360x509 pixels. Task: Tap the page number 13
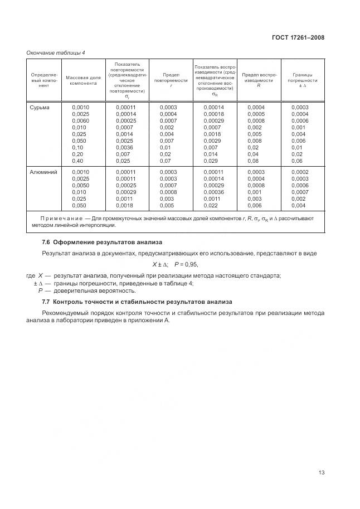pos(321,472)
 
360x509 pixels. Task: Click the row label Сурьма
pos(40,107)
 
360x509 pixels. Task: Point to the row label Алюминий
pos(43,172)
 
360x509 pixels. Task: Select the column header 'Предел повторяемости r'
pos(171,80)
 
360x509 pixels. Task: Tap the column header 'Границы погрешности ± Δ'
pos(303,80)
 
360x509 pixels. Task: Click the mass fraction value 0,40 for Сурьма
pos(78,161)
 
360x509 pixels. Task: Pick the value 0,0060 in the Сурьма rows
pos(81,120)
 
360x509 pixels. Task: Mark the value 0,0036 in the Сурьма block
pos(125,147)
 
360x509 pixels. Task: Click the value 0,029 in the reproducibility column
pos(211,161)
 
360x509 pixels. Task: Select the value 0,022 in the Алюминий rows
pos(211,206)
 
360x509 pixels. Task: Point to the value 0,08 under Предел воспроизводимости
pos(253,161)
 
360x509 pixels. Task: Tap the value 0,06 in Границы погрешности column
pos(297,161)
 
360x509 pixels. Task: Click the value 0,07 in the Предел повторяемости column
pos(166,161)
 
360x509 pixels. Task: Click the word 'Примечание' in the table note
pos(58,219)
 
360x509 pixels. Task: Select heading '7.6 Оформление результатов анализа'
pos(102,242)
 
